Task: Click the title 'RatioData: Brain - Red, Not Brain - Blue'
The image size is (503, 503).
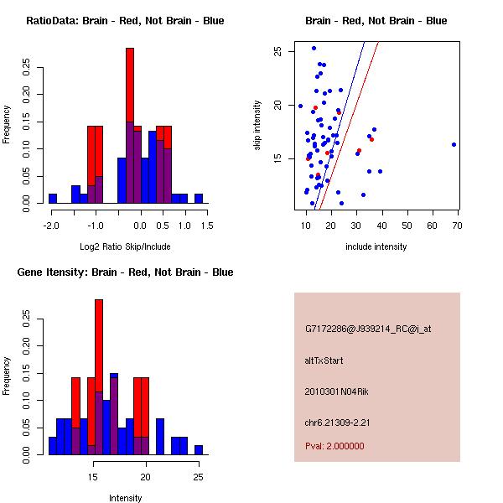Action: [125, 20]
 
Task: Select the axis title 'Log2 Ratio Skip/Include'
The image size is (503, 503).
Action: [126, 246]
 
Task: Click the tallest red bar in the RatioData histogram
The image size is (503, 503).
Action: [130, 84]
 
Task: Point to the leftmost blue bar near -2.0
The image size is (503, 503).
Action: [53, 198]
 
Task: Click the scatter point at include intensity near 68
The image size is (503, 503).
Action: [454, 144]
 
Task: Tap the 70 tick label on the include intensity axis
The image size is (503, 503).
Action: [457, 226]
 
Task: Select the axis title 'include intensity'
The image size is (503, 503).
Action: [376, 246]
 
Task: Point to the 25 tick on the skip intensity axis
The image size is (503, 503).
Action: [277, 51]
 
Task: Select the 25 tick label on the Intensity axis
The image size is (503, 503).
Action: [198, 477]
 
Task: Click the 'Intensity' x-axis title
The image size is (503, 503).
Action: [126, 498]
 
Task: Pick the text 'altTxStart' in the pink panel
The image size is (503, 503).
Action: [324, 360]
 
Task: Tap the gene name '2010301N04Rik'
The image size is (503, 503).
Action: [337, 391]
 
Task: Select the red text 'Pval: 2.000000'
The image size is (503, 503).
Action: [334, 446]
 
